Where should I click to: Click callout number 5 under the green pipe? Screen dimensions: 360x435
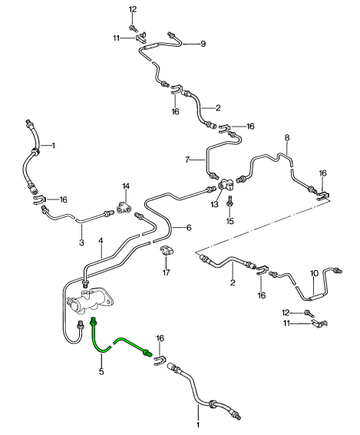[101, 371]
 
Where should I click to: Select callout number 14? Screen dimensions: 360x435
[126, 186]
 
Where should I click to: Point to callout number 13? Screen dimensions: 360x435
[214, 205]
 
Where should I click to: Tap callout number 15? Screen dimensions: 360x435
[230, 221]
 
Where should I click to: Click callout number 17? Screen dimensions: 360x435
[166, 273]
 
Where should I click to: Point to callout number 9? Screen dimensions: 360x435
[203, 44]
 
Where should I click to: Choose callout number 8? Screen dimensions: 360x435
[287, 137]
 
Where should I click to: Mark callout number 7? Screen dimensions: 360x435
[187, 160]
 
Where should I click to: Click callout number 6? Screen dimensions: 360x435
[189, 228]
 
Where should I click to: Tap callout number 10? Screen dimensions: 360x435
[314, 274]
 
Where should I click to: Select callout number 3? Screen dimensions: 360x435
[81, 242]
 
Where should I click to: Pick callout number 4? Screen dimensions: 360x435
[101, 241]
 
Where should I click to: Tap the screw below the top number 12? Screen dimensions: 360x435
[133, 28]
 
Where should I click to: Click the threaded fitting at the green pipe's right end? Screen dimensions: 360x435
[147, 353]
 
